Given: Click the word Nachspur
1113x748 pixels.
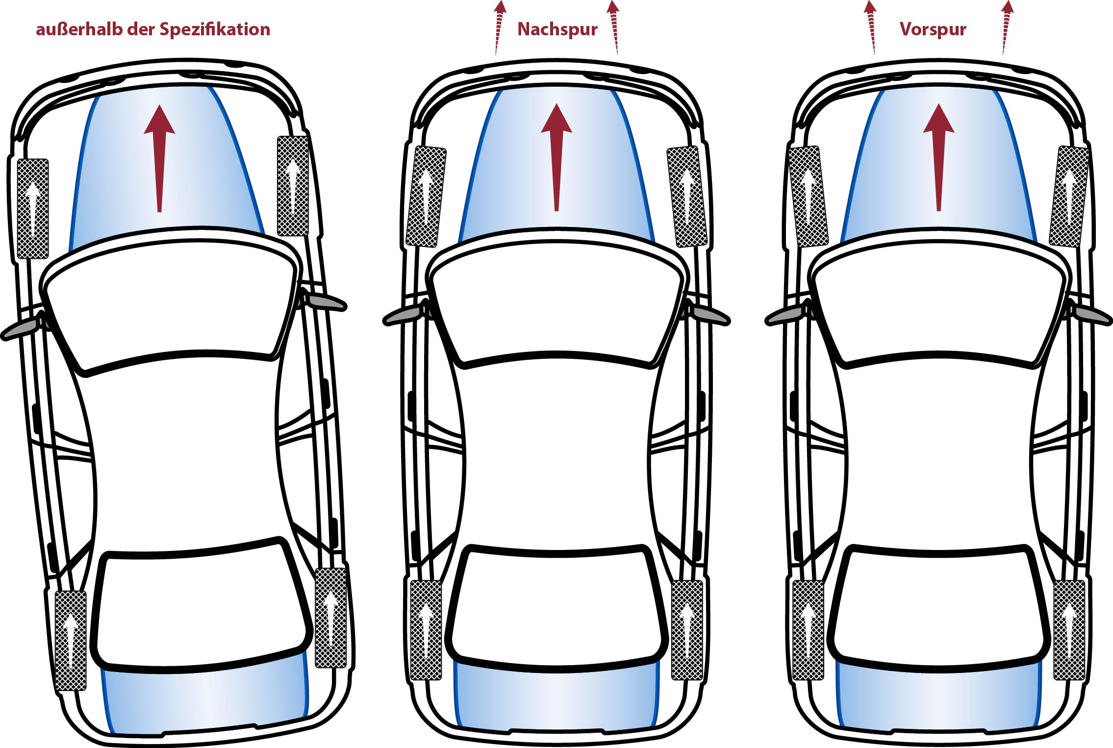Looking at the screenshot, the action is click(557, 29).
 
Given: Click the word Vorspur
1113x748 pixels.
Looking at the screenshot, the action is click(933, 29).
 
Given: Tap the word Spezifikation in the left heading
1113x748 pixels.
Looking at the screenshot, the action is click(215, 29).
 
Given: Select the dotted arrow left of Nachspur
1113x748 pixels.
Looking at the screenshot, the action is click(499, 27).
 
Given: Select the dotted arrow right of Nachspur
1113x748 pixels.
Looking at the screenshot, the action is click(614, 27).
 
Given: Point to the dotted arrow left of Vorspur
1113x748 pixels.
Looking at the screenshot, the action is click(871, 27).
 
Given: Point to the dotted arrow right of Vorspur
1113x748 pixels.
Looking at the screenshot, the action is click(1006, 27).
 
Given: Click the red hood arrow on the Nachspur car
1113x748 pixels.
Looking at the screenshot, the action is click(556, 158).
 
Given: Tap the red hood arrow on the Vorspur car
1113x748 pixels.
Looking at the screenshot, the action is click(938, 158).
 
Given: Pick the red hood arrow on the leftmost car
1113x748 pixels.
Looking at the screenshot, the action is click(159, 159).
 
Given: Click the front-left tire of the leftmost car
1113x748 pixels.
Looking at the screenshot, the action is click(33, 209).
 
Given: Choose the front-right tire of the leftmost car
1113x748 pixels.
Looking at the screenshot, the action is click(293, 186).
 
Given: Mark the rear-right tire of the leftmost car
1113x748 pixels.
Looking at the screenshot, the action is click(330, 618).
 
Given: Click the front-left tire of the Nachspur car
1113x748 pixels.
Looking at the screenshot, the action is click(426, 196).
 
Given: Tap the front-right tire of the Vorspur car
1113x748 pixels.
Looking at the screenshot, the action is click(1069, 196).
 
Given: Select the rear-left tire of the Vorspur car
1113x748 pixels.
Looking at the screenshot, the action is click(808, 630).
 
